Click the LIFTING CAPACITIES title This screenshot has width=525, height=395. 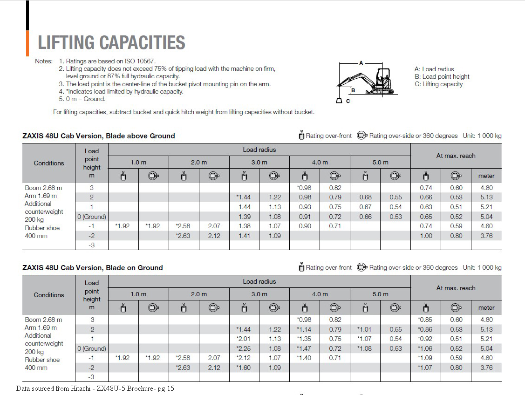(x=111, y=42)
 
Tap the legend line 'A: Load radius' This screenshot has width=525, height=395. (x=434, y=69)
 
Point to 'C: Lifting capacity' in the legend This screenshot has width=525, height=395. (x=438, y=84)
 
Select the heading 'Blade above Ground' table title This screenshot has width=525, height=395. (x=99, y=136)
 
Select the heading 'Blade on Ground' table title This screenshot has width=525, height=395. (x=93, y=268)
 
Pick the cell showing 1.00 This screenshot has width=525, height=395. (x=426, y=236)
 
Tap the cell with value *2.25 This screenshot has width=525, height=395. (x=244, y=348)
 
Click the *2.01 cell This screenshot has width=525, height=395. (x=244, y=339)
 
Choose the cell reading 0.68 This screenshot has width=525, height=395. (x=366, y=197)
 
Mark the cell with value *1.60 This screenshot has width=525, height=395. (x=244, y=368)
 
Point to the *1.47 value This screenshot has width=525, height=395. (x=304, y=348)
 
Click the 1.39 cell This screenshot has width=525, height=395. (x=245, y=217)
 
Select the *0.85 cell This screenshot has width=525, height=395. (x=425, y=320)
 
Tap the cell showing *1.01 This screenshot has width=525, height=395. (x=365, y=329)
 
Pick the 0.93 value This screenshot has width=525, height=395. (x=305, y=207)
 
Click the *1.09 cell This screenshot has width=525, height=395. (x=425, y=358)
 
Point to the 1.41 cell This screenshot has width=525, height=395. (x=245, y=236)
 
